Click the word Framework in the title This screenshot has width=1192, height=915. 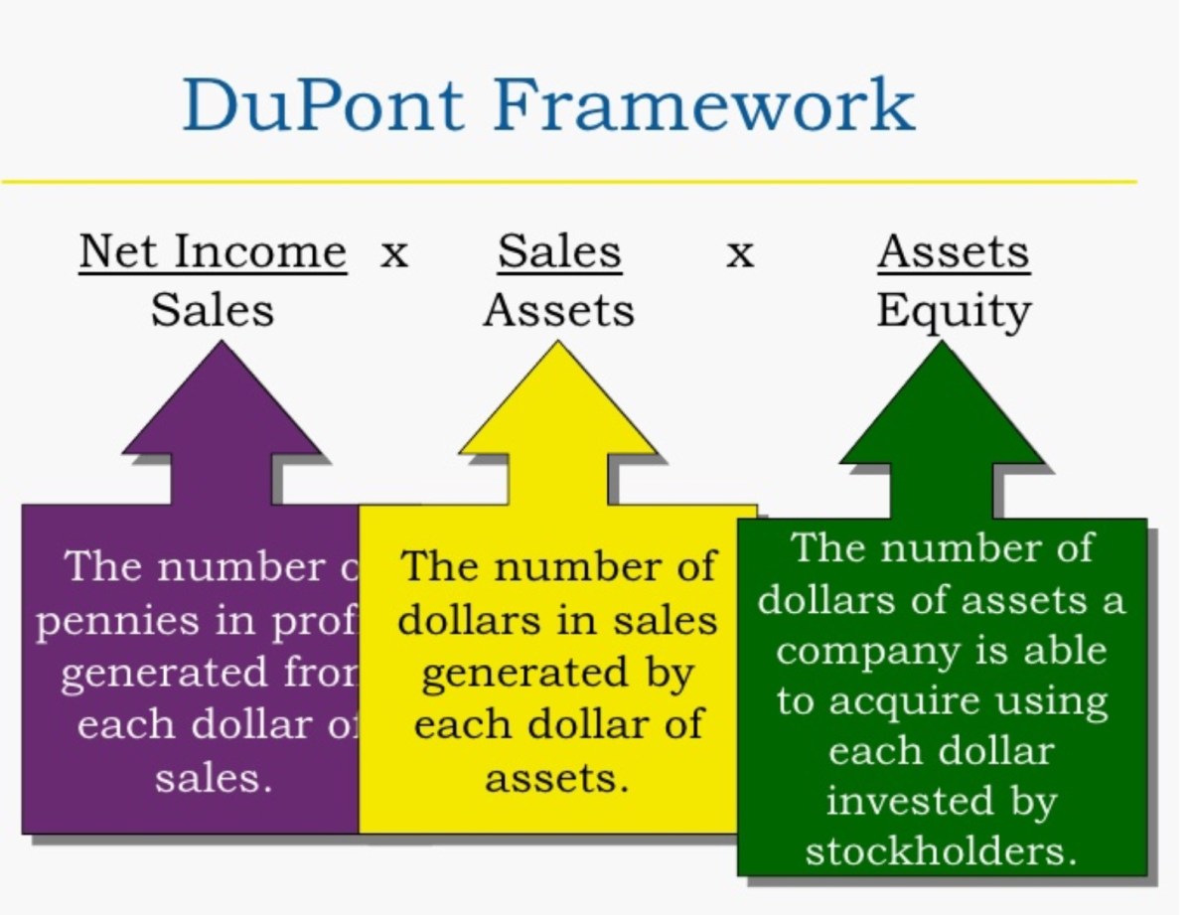click(x=691, y=105)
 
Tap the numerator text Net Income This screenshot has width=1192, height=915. click(x=213, y=251)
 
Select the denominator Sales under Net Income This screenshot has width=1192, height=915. click(x=212, y=310)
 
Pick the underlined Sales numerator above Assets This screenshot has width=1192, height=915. click(x=559, y=251)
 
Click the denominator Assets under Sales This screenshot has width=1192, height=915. click(x=558, y=310)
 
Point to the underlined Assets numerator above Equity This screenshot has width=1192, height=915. click(x=954, y=251)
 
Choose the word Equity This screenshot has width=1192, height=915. click(x=954, y=311)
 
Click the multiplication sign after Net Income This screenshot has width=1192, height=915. click(x=394, y=254)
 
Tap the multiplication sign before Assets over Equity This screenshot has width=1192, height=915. click(x=739, y=254)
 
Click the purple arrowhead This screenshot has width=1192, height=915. click(x=222, y=407)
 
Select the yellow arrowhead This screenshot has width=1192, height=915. click(x=558, y=407)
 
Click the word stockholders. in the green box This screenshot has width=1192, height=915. click(x=941, y=852)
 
